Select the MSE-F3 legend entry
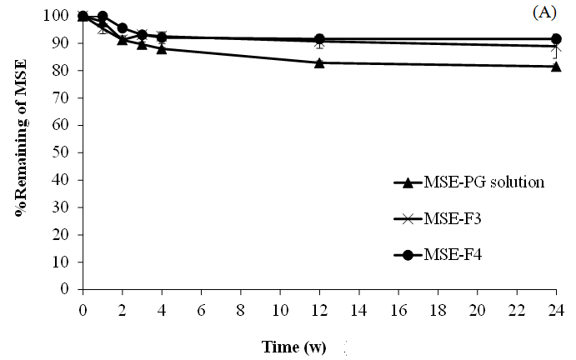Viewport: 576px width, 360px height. (450, 218)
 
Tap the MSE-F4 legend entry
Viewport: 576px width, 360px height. (450, 255)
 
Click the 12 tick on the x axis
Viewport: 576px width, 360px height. (319, 305)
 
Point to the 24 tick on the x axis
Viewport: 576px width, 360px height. (556, 305)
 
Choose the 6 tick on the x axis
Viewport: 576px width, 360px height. (201, 305)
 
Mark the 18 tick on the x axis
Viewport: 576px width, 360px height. (438, 305)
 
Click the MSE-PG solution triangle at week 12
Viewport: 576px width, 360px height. (319, 62)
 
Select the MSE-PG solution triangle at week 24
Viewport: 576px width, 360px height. (556, 67)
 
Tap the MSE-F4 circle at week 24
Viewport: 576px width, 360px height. (556, 39)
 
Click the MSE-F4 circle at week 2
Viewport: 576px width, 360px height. (123, 28)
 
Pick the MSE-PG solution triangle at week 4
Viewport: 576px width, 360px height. (162, 49)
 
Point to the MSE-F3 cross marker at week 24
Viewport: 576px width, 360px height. (556, 47)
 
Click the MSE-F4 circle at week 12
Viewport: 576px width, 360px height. (319, 39)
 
